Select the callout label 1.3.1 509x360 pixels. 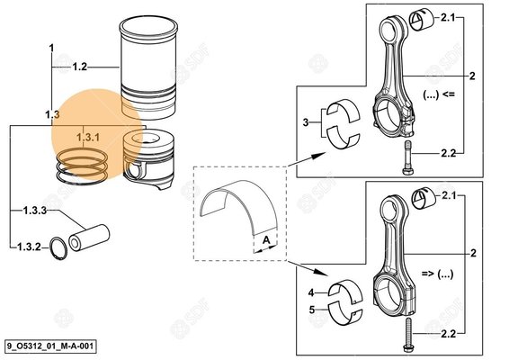(x=87, y=138)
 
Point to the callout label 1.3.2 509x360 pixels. (x=30, y=244)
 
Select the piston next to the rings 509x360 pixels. (x=147, y=158)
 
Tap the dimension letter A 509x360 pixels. (x=268, y=240)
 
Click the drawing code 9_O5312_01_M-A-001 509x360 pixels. (x=49, y=346)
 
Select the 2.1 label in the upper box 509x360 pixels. (x=447, y=18)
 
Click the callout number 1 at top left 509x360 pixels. (x=52, y=47)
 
